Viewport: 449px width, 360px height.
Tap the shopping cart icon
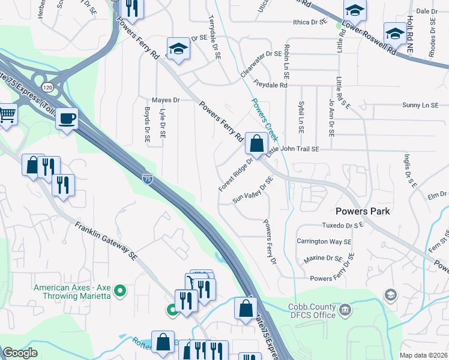[7, 113]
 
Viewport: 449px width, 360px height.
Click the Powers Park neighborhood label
[363, 211]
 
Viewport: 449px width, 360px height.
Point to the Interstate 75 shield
[147, 178]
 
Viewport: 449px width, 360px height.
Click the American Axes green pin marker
[120, 292]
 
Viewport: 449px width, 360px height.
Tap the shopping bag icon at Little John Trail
[256, 144]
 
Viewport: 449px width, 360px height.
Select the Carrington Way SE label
[324, 241]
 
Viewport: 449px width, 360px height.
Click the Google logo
[20, 353]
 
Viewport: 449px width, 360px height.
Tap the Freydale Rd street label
[270, 86]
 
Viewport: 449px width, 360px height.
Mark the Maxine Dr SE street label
[322, 258]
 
